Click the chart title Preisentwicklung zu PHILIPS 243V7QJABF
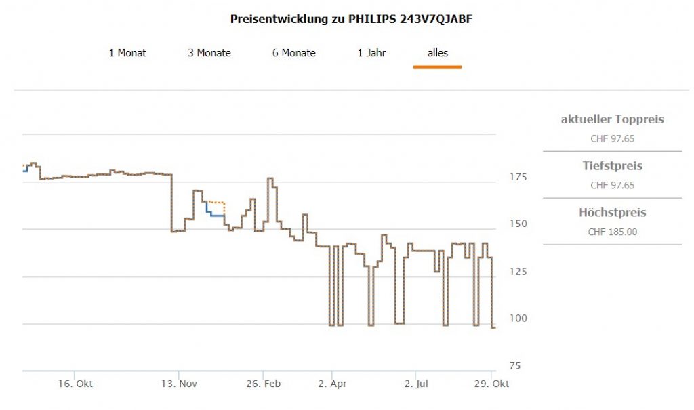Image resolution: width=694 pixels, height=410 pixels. [351, 19]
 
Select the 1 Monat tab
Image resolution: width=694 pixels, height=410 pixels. [127, 53]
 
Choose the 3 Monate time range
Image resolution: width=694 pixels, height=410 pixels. [209, 53]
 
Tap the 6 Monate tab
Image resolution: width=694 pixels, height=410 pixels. [294, 53]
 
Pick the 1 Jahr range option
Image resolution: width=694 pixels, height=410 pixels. [371, 53]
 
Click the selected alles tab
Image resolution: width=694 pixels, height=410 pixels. [438, 53]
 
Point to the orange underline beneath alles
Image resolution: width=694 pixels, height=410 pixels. [438, 67]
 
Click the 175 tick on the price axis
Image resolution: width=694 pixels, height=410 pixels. [517, 177]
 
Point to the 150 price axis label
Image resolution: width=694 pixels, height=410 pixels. [517, 224]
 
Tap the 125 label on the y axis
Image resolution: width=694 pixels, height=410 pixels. [517, 271]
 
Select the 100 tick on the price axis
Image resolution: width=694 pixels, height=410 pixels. [517, 318]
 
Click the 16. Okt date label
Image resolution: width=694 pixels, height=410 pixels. [76, 384]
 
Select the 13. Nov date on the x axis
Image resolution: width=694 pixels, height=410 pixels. [180, 384]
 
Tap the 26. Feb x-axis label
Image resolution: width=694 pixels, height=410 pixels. [263, 384]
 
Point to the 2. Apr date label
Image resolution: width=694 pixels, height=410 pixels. [332, 384]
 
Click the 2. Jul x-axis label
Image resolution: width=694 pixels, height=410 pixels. [416, 384]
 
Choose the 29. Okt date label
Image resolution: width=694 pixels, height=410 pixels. [491, 384]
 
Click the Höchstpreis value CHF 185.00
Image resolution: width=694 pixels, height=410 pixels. [613, 232]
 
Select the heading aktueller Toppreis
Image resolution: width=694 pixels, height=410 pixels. [613, 119]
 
